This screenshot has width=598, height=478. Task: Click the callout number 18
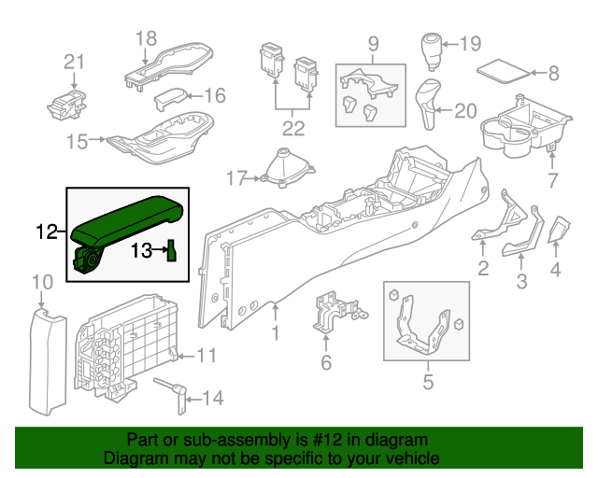pyautogui.click(x=147, y=38)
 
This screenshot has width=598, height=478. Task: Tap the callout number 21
pyautogui.click(x=74, y=63)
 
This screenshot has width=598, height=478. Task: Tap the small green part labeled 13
pyautogui.click(x=172, y=251)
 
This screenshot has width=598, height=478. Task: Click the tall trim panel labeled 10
pyautogui.click(x=47, y=359)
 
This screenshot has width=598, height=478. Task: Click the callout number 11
pyautogui.click(x=206, y=355)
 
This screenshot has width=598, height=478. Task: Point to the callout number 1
pyautogui.click(x=276, y=332)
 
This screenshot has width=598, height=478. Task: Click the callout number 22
pyautogui.click(x=293, y=127)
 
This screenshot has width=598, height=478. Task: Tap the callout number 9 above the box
pyautogui.click(x=372, y=43)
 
